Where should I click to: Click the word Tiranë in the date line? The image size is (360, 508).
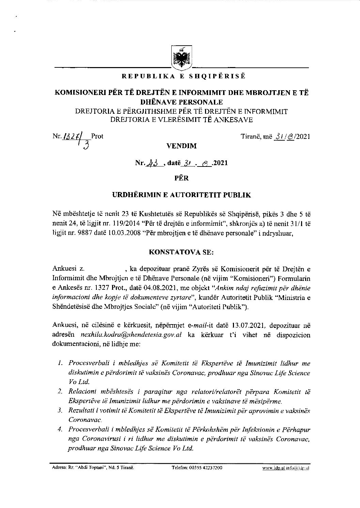click(x=251, y=137)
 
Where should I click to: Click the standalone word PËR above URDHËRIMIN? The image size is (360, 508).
click(x=181, y=178)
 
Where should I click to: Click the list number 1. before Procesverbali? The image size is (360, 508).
click(x=60, y=364)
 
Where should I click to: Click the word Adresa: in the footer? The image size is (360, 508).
click(x=58, y=468)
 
